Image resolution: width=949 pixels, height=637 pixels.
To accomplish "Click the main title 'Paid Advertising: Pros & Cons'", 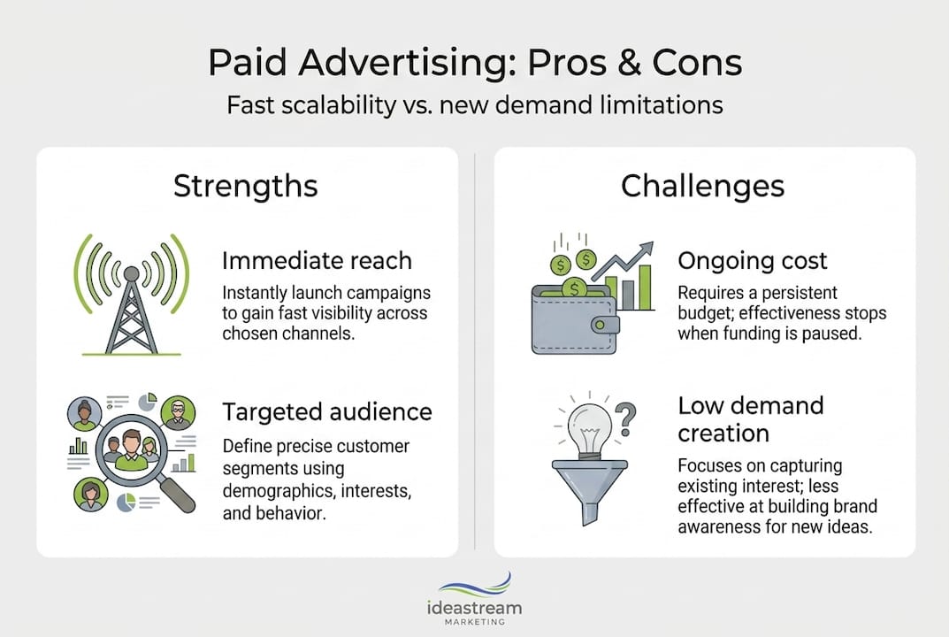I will (x=474, y=65).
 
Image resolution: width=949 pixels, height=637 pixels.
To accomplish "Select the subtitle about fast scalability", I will (x=474, y=105).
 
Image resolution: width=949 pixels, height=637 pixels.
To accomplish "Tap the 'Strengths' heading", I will (x=245, y=186).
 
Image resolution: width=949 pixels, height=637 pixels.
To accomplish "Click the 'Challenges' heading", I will (x=702, y=186).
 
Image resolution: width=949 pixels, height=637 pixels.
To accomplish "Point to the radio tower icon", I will (x=131, y=292).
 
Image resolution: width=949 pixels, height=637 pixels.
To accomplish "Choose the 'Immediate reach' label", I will (x=317, y=260).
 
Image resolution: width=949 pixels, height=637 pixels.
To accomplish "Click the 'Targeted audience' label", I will (x=326, y=411).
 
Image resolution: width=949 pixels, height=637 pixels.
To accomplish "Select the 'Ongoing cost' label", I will (x=752, y=260).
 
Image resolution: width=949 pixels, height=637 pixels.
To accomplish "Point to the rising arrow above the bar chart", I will (x=623, y=262).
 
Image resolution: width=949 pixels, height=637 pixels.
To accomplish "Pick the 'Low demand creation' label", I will (x=750, y=418).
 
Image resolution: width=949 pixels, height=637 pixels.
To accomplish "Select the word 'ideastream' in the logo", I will (x=474, y=608).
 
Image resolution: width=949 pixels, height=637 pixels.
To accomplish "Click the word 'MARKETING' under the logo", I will (x=474, y=622).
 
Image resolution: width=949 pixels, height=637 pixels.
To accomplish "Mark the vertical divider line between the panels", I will (x=476, y=354).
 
